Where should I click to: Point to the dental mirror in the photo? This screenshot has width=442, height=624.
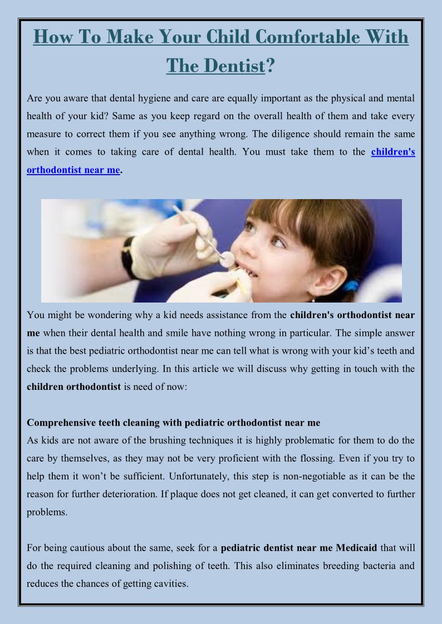click(x=227, y=258)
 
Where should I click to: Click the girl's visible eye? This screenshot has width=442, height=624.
click(x=278, y=242)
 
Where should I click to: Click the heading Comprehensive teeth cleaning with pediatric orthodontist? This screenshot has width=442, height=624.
click(x=173, y=423)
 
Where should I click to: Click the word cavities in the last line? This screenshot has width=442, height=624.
click(x=171, y=583)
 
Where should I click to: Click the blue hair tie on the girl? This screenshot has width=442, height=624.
click(x=350, y=286)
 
